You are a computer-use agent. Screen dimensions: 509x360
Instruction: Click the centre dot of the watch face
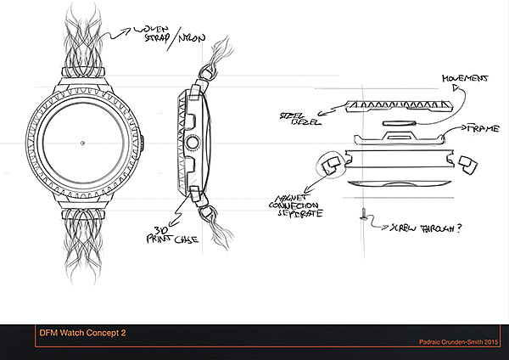coord(82,142)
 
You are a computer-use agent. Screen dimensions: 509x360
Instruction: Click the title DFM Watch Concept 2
coord(83,332)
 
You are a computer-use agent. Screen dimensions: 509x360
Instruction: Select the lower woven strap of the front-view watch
coord(82,246)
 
